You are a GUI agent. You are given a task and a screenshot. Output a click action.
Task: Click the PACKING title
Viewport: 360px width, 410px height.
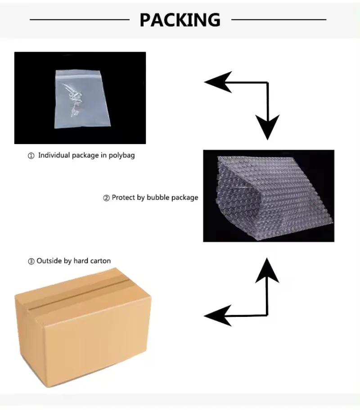tap(180, 20)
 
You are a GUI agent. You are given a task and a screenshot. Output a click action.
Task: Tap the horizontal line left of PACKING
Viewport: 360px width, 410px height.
tap(80, 19)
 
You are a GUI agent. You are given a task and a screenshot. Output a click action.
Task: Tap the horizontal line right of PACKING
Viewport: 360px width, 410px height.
tap(279, 19)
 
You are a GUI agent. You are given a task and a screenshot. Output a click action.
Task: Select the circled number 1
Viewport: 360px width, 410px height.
tap(31, 156)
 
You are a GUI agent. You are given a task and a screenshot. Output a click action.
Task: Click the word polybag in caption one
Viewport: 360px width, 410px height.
tap(121, 155)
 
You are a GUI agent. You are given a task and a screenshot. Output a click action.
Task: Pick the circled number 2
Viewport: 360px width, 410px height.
tap(106, 198)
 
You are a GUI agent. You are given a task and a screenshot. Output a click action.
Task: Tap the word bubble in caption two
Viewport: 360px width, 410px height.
tap(158, 197)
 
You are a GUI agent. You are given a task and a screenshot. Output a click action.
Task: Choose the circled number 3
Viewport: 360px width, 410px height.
tap(31, 261)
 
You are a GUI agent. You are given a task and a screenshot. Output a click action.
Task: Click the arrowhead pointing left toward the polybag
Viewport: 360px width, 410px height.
tap(218, 82)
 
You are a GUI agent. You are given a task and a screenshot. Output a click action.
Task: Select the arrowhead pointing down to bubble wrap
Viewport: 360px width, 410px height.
tap(267, 127)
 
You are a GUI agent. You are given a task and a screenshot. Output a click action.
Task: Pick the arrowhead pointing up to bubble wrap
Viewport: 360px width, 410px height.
tap(267, 270)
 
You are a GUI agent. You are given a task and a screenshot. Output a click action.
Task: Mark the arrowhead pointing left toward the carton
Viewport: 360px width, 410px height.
tap(218, 316)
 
